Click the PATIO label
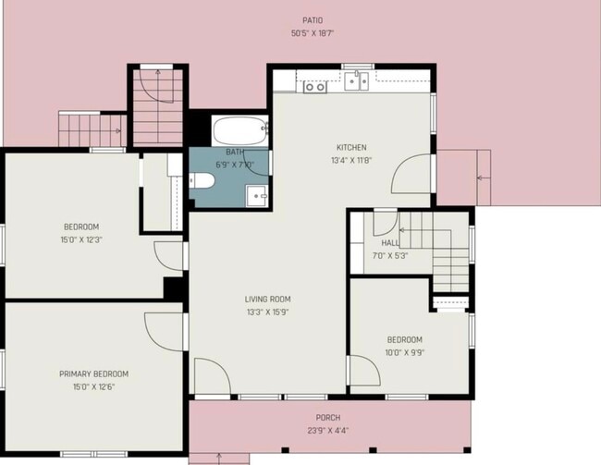point(313,20)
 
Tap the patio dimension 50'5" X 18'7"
point(313,33)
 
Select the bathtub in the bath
point(240,130)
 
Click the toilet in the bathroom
point(202,180)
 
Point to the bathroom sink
point(257,195)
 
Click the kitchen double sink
point(356,80)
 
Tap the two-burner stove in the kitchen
point(315,87)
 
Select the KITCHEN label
point(351,147)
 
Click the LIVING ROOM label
point(267,299)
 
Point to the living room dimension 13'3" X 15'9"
point(267,312)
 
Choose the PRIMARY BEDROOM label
point(94,373)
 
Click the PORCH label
point(328,418)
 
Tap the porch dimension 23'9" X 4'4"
point(328,431)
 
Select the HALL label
point(390,243)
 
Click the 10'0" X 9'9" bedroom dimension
point(405,353)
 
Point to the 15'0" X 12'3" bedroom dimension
point(81,240)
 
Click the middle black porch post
point(373,450)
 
